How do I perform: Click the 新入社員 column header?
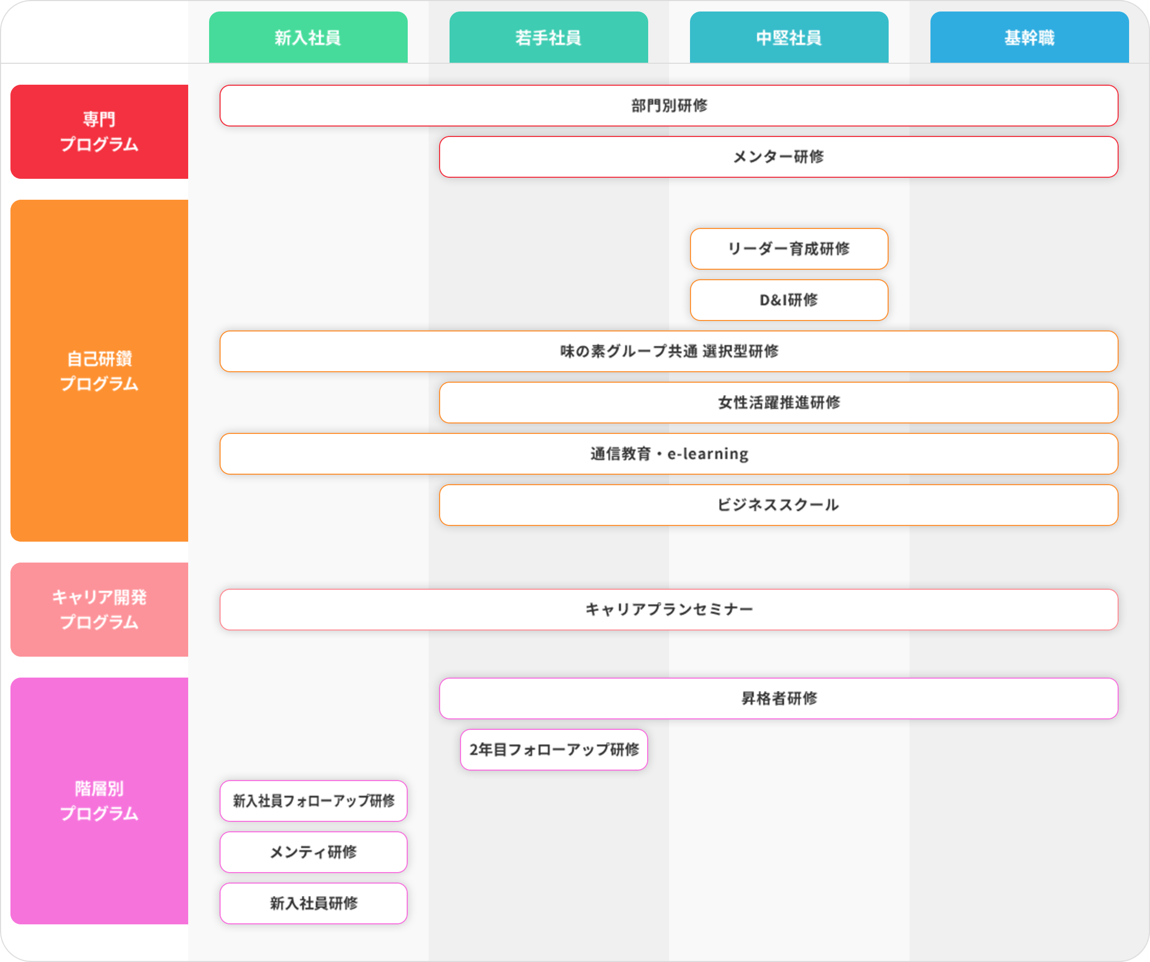308,37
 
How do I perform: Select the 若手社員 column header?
549,37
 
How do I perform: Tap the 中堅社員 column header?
789,37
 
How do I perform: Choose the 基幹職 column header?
1030,37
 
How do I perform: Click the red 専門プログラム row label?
99,131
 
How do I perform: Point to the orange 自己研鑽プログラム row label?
99,371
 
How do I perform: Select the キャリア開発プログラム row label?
99,610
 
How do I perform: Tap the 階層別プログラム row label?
99,801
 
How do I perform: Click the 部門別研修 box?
669,106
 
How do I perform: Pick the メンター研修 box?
779,157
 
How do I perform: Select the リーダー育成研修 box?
789,249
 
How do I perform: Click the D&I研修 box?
789,300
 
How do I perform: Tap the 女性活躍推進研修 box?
779,403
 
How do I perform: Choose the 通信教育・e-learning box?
669,454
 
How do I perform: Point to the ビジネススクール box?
779,505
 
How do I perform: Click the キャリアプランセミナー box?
669,610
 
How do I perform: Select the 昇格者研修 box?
779,698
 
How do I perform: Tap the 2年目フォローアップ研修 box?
554,750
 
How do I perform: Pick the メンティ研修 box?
314,852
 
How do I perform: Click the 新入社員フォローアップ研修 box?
314,801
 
